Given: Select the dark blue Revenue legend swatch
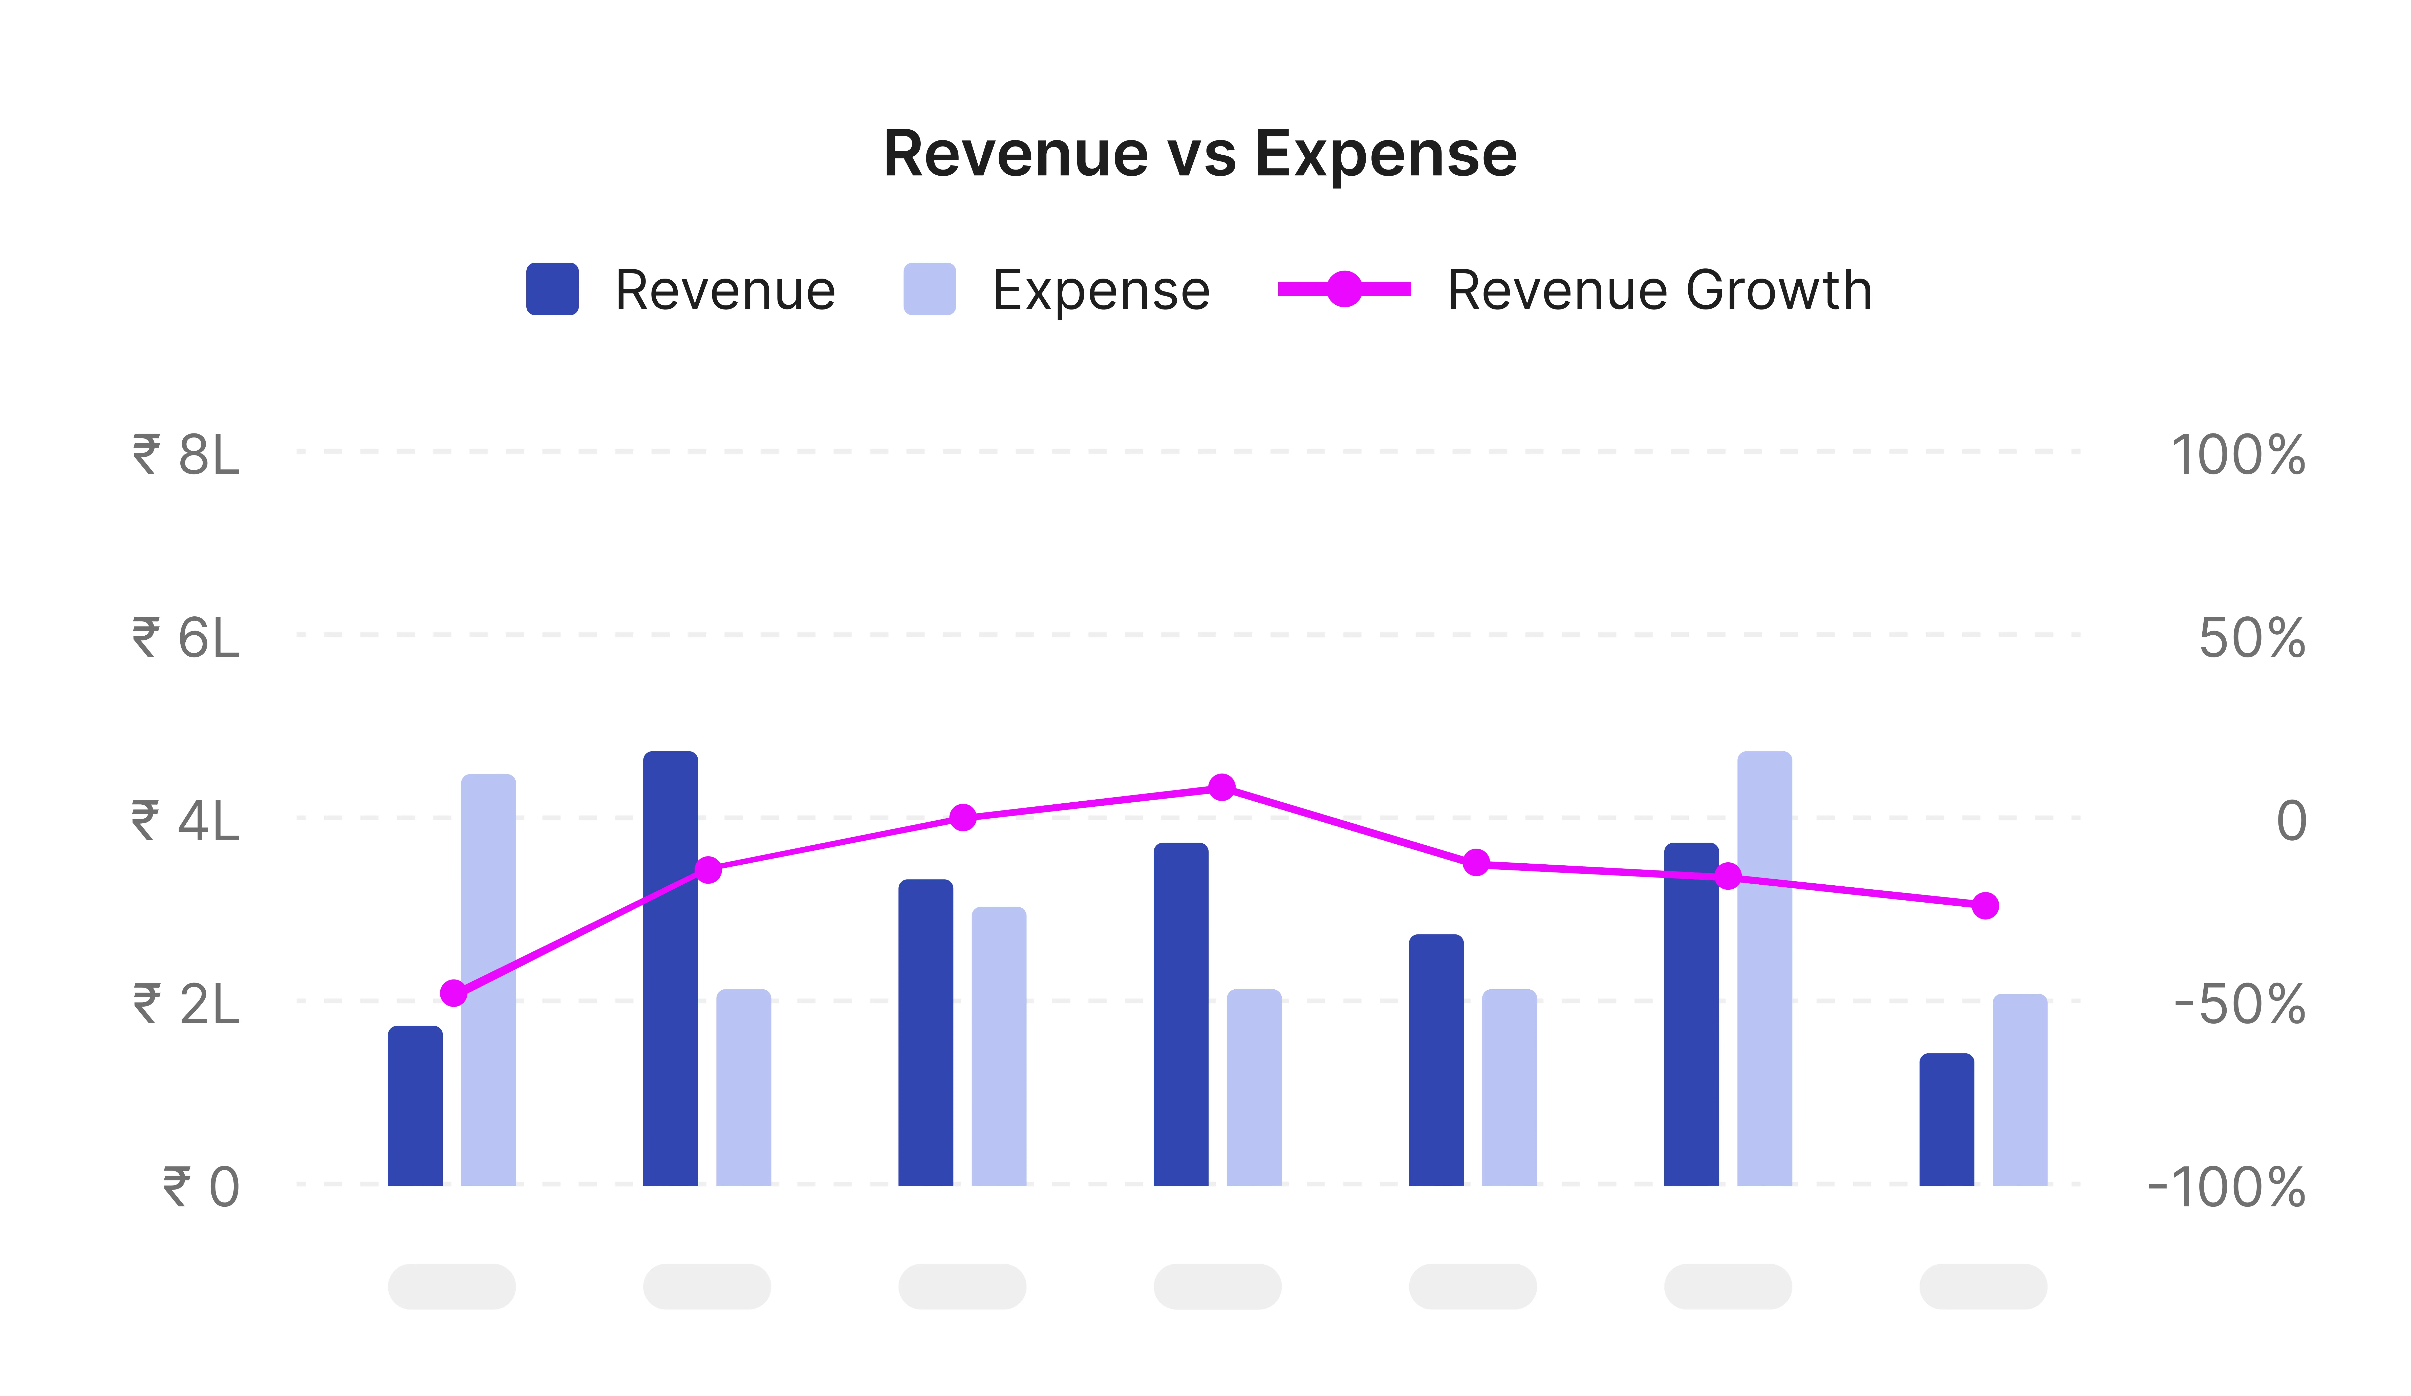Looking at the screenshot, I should click(552, 289).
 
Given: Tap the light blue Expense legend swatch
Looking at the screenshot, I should click(929, 289).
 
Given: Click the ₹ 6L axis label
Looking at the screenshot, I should click(187, 638).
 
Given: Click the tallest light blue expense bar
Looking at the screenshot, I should click(1764, 966).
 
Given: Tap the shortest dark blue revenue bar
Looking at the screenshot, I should click(1946, 1119).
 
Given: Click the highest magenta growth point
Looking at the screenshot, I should click(1222, 787).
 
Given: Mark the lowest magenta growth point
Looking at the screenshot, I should click(454, 993).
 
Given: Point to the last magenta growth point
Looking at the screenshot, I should click(1985, 905).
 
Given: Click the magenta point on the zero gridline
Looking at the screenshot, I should click(962, 817).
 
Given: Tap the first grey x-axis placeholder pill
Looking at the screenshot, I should click(451, 1286).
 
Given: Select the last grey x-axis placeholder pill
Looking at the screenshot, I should click(1983, 1286).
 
